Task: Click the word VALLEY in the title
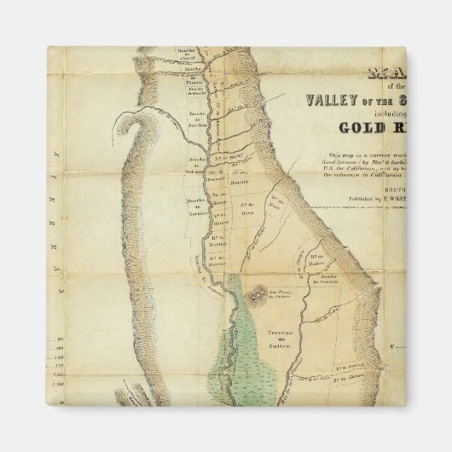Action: (328, 100)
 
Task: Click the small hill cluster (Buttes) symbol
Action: (255, 293)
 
